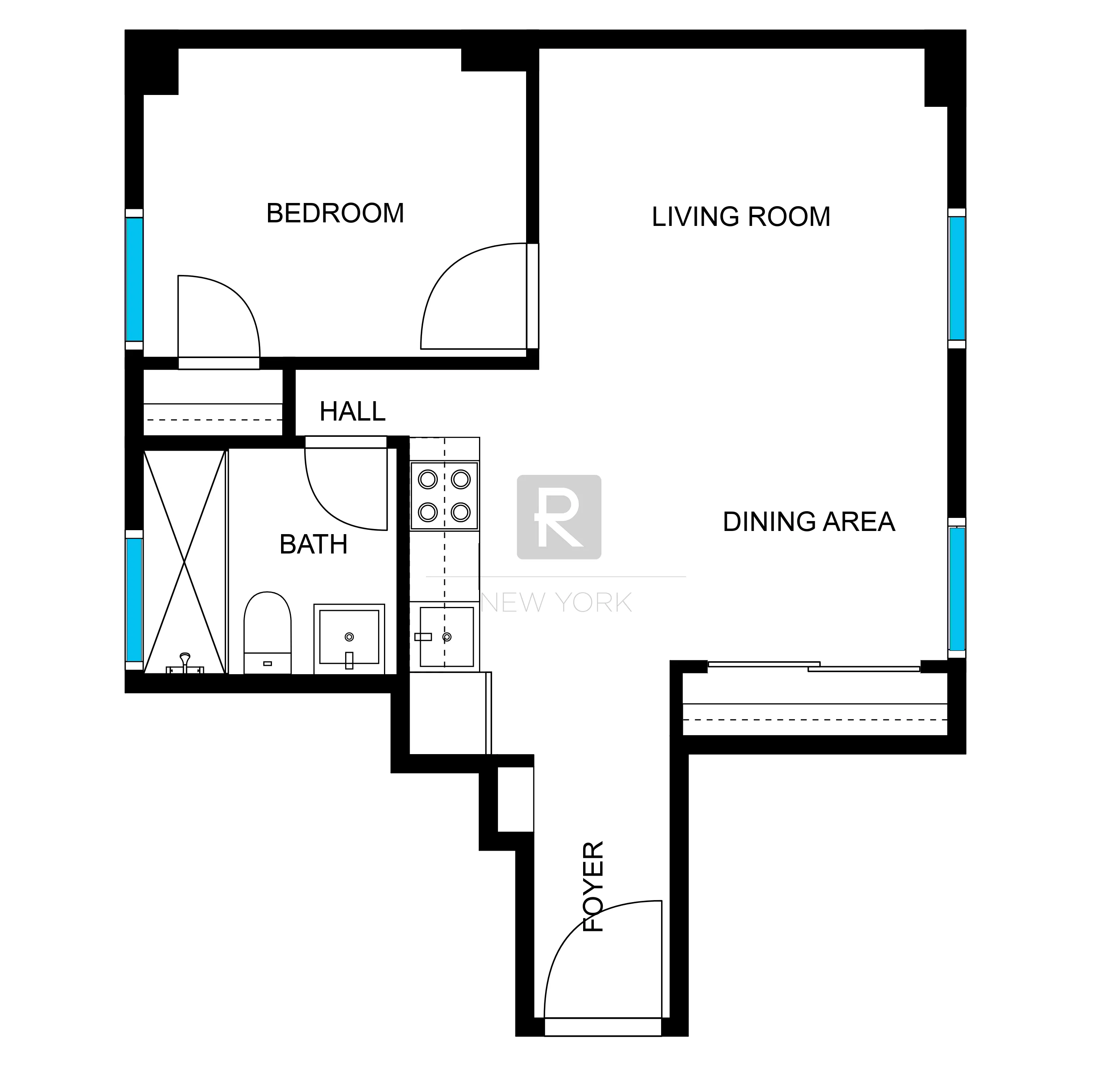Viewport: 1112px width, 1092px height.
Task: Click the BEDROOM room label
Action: [x=335, y=213]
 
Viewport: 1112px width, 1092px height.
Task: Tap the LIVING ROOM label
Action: [x=741, y=217]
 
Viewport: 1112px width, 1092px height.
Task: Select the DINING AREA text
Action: [x=808, y=522]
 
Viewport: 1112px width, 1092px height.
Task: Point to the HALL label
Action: [x=352, y=411]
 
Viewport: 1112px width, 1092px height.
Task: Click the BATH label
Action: [x=313, y=544]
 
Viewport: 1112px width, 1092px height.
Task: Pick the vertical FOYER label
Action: [x=593, y=886]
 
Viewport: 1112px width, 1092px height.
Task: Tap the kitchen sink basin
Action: [x=447, y=637]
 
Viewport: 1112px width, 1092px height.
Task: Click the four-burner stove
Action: [x=444, y=495]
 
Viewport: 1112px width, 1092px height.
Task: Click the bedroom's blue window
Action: [x=134, y=279]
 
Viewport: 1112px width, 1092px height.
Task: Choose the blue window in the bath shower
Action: [x=134, y=599]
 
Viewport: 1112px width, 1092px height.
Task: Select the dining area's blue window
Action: [x=956, y=588]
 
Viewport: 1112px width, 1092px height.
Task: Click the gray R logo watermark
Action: [x=559, y=517]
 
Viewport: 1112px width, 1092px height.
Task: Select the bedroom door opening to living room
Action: [x=476, y=298]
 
